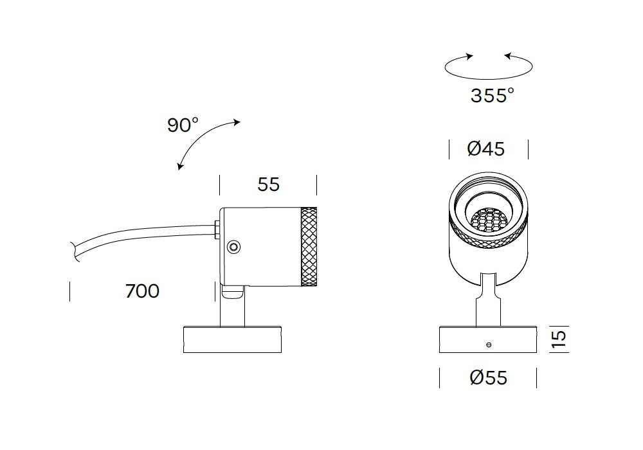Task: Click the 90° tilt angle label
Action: click(183, 125)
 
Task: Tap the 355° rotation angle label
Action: click(492, 96)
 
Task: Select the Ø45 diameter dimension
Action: click(485, 148)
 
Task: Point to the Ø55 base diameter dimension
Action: click(488, 377)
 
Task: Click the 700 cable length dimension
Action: click(142, 291)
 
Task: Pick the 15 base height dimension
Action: click(559, 339)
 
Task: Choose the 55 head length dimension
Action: click(268, 184)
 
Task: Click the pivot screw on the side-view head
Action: click(234, 247)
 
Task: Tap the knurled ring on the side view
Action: click(309, 247)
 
